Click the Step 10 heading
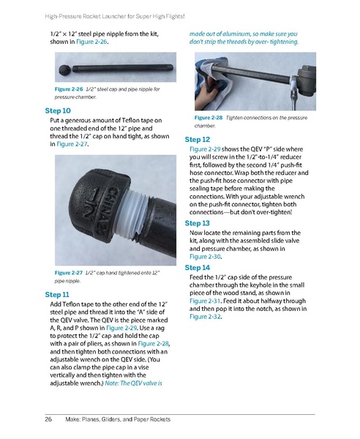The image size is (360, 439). (58, 111)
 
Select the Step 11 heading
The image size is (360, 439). (57, 295)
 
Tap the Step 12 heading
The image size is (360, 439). (197, 140)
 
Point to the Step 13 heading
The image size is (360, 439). (197, 223)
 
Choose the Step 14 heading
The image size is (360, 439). (197, 268)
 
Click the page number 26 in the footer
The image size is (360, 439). (48, 419)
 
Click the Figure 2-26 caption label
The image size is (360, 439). (69, 89)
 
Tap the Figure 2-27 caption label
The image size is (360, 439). (69, 273)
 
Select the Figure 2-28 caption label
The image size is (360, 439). (209, 118)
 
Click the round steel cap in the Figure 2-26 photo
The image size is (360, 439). (64, 69)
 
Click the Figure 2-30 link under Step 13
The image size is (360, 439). (205, 257)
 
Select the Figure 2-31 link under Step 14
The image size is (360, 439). (205, 301)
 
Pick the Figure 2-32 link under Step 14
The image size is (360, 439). (205, 317)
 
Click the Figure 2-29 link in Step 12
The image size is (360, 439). (205, 149)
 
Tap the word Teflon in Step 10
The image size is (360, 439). (130, 121)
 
